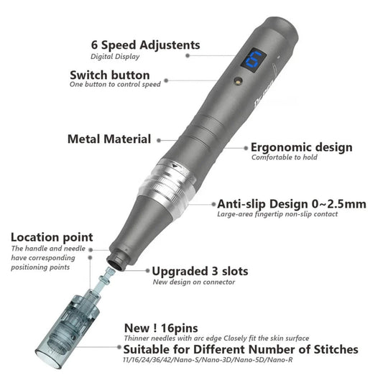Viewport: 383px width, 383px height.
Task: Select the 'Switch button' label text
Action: [x=110, y=75]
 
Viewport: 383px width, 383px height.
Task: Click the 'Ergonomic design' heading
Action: [x=302, y=147]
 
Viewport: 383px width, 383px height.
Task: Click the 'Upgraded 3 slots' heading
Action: [x=200, y=271]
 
